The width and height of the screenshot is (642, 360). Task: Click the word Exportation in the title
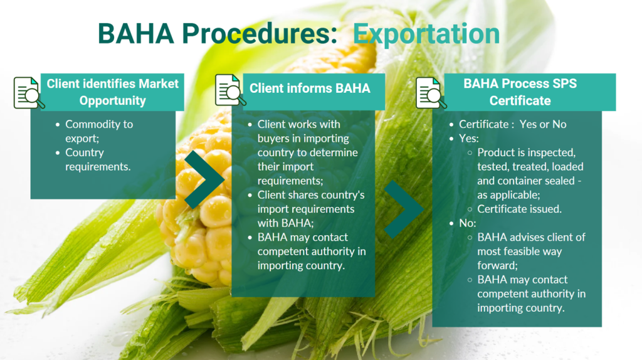[426, 34]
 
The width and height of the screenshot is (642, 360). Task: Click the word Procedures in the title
[260, 33]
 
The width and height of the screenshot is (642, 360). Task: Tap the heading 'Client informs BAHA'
[310, 88]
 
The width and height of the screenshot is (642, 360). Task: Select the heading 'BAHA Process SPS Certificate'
[520, 92]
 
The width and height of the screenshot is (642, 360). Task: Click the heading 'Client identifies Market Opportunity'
[113, 92]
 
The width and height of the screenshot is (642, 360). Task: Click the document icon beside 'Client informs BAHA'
[230, 90]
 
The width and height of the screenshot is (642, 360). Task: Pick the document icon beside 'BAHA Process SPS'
[431, 93]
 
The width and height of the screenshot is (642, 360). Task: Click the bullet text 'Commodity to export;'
[99, 131]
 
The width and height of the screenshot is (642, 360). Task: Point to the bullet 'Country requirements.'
[98, 160]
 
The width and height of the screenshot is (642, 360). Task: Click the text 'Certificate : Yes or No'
[513, 124]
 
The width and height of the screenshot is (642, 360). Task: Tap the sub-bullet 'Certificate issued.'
[519, 209]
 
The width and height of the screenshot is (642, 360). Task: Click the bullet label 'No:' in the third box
[468, 223]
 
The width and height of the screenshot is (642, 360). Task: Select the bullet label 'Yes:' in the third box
[469, 139]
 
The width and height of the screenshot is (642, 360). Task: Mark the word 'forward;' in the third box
[497, 265]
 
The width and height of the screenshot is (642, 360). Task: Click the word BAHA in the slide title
[136, 33]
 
